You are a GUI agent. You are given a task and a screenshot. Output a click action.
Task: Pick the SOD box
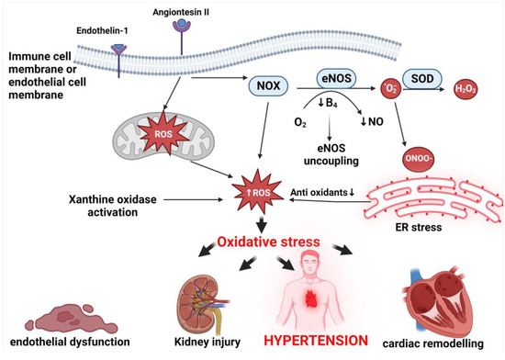point(423,79)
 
